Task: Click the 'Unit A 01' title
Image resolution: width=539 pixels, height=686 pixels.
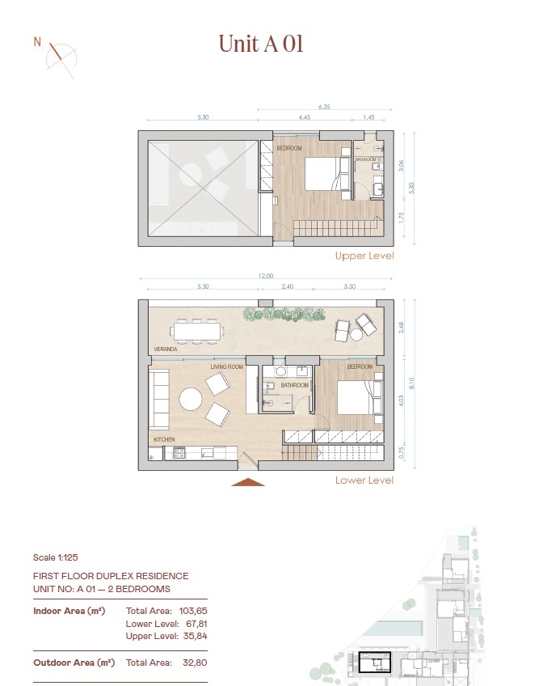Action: point(261,44)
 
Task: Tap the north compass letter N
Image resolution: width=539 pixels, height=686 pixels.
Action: point(37,42)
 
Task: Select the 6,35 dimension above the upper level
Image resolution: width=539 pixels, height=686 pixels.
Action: point(324,107)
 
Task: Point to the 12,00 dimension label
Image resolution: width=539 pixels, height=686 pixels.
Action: point(265,276)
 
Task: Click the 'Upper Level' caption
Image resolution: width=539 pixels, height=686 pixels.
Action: point(364,256)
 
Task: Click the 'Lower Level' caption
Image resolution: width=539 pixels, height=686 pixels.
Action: point(364,480)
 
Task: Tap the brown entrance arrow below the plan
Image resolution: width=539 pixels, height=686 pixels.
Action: point(248,482)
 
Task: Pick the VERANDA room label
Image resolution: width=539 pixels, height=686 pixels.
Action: point(165,349)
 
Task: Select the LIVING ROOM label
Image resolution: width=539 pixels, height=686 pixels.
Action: point(227,366)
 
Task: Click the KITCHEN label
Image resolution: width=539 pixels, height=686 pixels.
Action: point(164,439)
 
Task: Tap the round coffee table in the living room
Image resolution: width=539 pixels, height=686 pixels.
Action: point(191,399)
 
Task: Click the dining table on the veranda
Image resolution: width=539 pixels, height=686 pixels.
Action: point(197,331)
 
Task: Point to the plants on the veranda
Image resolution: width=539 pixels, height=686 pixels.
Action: point(284,314)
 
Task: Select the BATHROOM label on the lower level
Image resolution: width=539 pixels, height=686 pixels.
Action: point(294,385)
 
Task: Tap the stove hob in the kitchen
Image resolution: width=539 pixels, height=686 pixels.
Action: point(179,452)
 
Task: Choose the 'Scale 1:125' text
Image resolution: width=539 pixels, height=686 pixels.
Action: point(56,557)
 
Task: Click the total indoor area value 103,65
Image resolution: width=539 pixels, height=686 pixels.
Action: point(193,611)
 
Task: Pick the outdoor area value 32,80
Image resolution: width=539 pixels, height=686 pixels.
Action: point(195,663)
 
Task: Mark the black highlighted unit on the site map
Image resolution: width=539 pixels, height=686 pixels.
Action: point(375,662)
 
